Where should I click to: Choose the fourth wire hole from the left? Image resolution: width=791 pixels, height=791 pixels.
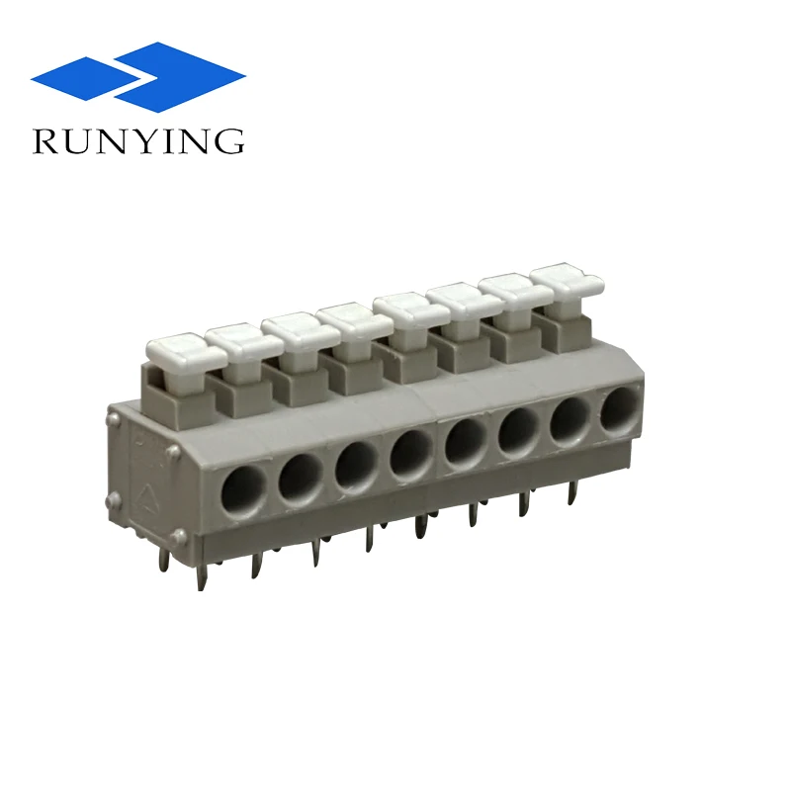click(x=409, y=454)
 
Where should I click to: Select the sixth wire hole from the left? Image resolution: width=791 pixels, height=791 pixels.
click(x=518, y=430)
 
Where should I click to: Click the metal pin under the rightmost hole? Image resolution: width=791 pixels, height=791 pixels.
click(x=571, y=491)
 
